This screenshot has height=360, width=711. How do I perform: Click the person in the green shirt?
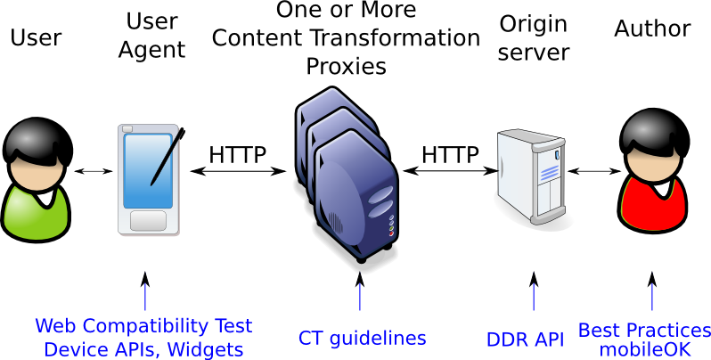click(36, 183)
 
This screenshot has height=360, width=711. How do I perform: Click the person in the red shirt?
click(653, 174)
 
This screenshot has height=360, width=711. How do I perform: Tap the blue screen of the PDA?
click(148, 170)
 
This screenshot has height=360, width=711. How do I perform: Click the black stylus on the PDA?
click(167, 157)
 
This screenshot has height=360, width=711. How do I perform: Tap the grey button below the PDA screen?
click(148, 220)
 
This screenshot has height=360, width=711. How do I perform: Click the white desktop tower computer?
click(532, 176)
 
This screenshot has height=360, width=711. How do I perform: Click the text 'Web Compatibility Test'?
click(143, 326)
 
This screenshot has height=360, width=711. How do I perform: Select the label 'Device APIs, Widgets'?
click(143, 348)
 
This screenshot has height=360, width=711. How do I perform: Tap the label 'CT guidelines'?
click(362, 339)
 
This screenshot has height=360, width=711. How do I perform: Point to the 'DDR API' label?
click(525, 340)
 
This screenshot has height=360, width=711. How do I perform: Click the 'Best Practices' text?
click(644, 331)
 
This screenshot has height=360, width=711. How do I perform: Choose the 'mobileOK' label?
click(645, 349)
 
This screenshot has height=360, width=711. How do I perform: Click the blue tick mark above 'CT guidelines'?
click(360, 297)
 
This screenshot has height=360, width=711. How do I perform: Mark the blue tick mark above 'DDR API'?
click(534, 297)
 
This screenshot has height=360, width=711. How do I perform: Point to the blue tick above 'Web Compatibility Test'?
click(145, 297)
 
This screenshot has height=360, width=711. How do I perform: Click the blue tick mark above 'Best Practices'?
click(652, 297)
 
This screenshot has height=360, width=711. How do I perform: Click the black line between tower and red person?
click(592, 142)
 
